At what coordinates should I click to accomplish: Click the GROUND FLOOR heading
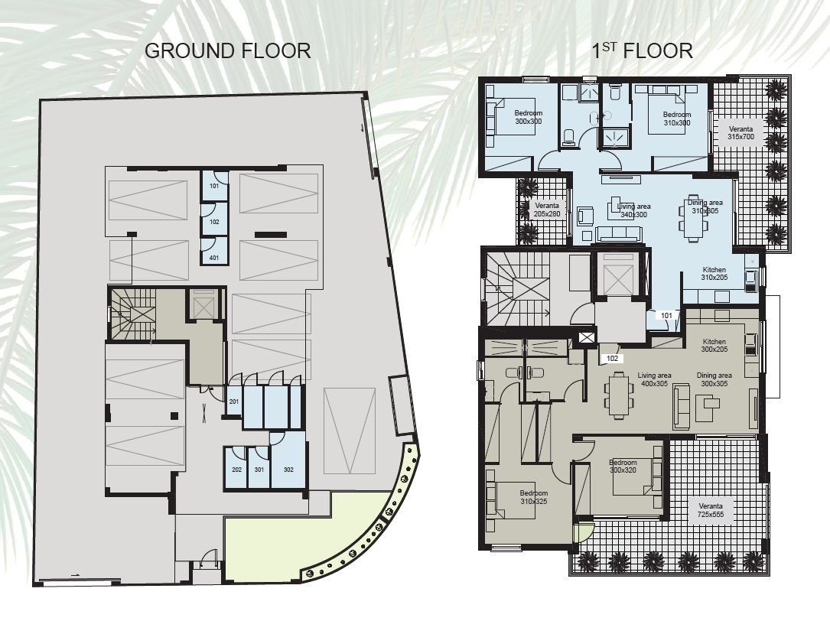(x=228, y=50)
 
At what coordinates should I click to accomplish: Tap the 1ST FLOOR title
(x=642, y=50)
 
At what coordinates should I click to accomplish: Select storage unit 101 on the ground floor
(x=214, y=186)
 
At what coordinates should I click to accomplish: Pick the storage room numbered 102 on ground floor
(x=214, y=222)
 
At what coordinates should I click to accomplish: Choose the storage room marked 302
(x=288, y=470)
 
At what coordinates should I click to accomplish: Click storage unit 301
(x=259, y=470)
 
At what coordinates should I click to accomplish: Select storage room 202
(x=236, y=470)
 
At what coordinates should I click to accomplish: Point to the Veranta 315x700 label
(x=740, y=133)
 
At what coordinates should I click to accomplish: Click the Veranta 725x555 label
(x=711, y=510)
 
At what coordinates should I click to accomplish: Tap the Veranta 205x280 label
(x=547, y=210)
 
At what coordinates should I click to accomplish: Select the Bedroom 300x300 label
(x=529, y=118)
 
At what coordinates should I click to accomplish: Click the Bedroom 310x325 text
(x=534, y=497)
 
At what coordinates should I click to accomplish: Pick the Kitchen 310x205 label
(x=714, y=274)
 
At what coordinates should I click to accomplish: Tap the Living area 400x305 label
(x=654, y=379)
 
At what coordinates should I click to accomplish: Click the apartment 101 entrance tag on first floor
(x=666, y=316)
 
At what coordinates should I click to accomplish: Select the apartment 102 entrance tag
(x=612, y=359)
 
